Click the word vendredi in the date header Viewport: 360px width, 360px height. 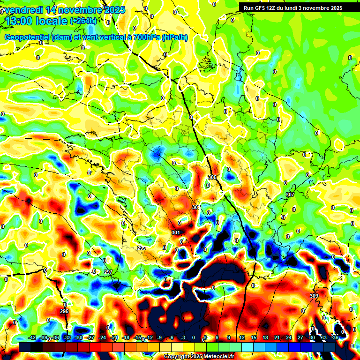pyautogui.click(x=24, y=10)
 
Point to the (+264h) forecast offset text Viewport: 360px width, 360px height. pyautogui.click(x=83, y=21)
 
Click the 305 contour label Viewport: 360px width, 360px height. pyautogui.click(x=212, y=177)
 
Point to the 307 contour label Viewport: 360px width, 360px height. pyautogui.click(x=290, y=194)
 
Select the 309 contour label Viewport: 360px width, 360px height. pyautogui.click(x=314, y=296)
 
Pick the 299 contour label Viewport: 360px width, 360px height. pyautogui.click(x=142, y=247)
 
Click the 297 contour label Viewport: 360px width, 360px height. pyautogui.click(x=108, y=272)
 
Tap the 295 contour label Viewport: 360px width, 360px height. pyautogui.click(x=64, y=311)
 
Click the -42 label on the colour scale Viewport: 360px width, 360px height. pyautogui.click(x=32, y=337)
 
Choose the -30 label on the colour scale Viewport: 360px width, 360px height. pyautogui.click(x=79, y=337)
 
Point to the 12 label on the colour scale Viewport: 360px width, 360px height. pyautogui.click(x=241, y=337)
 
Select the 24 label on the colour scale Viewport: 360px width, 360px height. pyautogui.click(x=288, y=337)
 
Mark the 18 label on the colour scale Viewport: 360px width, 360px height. pyautogui.click(x=265, y=337)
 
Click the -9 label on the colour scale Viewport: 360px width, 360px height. pyautogui.click(x=160, y=337)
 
